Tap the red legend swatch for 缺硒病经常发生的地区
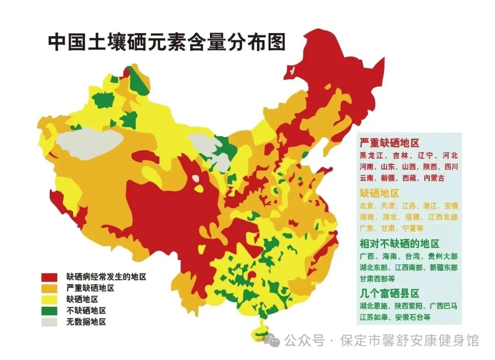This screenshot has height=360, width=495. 49,277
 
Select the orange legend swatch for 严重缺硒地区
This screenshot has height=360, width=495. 49,288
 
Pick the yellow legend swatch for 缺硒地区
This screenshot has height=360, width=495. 49,299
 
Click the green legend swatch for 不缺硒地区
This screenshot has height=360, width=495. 49,310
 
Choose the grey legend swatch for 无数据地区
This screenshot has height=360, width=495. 49,322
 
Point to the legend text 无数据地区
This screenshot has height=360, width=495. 86,322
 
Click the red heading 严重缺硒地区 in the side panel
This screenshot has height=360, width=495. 389,143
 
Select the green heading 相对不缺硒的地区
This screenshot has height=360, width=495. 399,243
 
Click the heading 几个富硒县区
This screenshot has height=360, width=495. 389,293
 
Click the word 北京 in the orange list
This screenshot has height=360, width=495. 367,205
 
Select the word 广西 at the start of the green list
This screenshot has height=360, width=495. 367,255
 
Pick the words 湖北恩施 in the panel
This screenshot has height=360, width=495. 374,305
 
